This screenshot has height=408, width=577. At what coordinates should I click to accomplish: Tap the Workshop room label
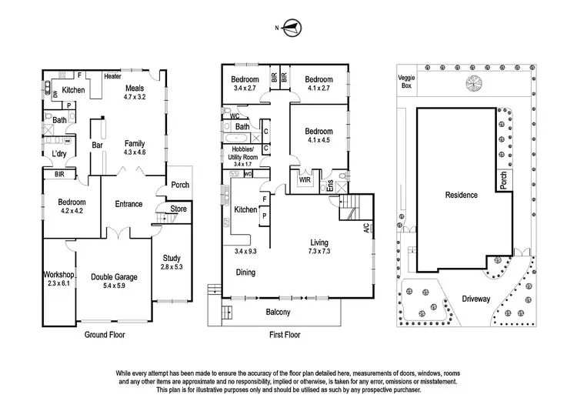(58, 275)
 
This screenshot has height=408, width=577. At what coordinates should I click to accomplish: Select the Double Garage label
(114, 277)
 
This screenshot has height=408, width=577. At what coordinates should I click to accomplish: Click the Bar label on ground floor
(98, 144)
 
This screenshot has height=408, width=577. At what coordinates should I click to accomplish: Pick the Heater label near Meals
(113, 77)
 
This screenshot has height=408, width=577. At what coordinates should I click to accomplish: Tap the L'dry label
(59, 153)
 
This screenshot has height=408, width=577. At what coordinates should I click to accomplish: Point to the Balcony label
(278, 312)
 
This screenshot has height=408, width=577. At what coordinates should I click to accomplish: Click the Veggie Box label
(405, 82)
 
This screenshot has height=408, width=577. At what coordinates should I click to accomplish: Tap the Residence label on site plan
(462, 195)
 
